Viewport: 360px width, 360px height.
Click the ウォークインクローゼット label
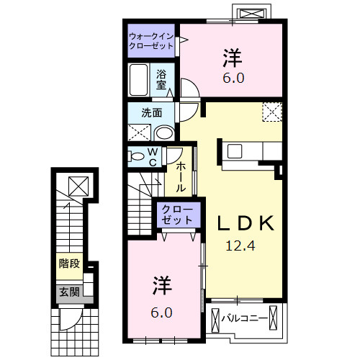click(151, 40)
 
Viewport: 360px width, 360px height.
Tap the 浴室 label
click(162, 78)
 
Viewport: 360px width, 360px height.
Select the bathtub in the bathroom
click(140, 79)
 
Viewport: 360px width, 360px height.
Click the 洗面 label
click(150, 112)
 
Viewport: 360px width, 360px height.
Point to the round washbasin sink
click(163, 132)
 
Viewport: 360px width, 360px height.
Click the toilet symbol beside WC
click(136, 157)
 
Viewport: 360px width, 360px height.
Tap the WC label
click(153, 157)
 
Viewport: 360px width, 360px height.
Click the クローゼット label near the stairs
click(176, 214)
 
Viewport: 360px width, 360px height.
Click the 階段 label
click(69, 264)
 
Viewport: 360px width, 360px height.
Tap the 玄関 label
click(69, 292)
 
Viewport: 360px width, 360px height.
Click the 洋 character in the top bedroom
click(232, 54)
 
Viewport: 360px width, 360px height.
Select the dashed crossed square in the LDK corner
click(271, 112)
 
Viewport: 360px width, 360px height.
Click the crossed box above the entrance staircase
click(76, 185)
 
